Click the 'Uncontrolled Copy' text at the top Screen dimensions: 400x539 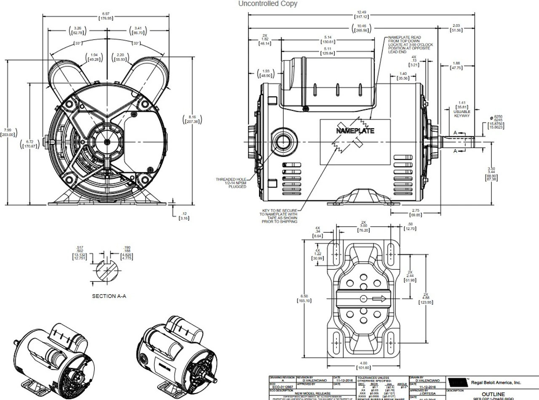click(267, 4)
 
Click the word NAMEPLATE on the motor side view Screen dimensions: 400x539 click(355, 131)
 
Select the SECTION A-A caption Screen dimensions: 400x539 click(109, 296)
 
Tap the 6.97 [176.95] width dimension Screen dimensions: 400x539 click(107, 16)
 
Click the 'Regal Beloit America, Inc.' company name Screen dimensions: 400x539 click(496, 382)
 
